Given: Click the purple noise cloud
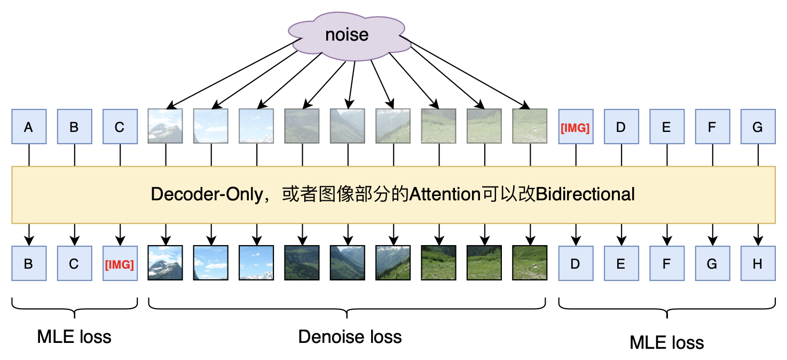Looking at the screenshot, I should coord(347,35).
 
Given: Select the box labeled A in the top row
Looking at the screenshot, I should coord(29,127).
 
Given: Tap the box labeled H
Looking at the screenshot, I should coord(758,263).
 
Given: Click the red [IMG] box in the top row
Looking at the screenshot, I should coord(576,127).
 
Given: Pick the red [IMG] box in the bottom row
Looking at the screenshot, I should coord(120,263).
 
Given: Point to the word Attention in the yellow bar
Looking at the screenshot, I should coord(445,194).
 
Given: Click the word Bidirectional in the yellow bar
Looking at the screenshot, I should coord(585,194).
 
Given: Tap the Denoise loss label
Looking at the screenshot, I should coord(350,337).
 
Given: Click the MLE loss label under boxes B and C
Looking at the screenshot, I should coord(74,337).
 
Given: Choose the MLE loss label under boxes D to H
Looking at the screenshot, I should coord(667,342).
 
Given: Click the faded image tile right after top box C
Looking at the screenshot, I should coord(166,127).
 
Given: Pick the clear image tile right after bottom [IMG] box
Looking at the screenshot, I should coord(166,263).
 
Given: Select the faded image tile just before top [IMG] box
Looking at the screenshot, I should coord(530,127).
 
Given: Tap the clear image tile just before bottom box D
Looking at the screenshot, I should coord(530,263).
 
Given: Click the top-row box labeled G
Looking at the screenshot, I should coord(758,127).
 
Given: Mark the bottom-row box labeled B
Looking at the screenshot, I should coord(29,263).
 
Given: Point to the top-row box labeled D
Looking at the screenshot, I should coord(621,127).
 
